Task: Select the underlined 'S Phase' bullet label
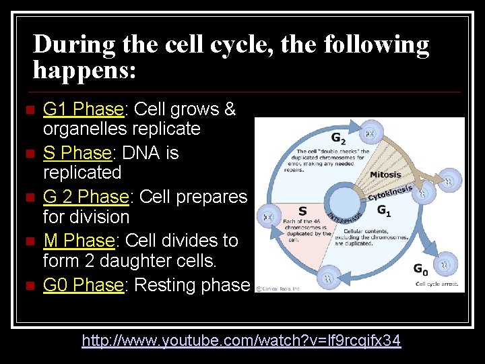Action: click(x=76, y=153)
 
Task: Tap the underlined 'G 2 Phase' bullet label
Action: click(x=86, y=197)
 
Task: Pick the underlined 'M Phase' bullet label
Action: click(x=78, y=241)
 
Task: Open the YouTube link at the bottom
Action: click(x=241, y=341)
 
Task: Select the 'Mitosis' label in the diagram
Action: click(x=385, y=175)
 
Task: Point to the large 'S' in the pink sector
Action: click(x=302, y=211)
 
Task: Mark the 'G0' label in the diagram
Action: click(x=420, y=270)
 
